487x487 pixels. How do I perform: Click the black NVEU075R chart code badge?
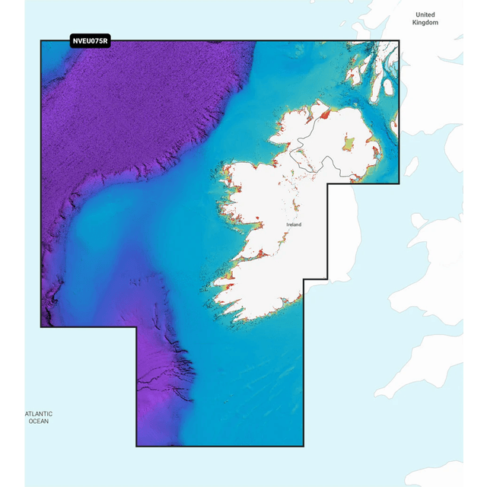point(90,41)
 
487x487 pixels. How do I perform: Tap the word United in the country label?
point(425,14)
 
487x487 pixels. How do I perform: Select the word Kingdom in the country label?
point(425,23)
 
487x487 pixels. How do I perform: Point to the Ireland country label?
point(294,225)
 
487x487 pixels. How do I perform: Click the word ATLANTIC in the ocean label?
point(38,414)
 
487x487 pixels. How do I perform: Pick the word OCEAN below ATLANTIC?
point(38,421)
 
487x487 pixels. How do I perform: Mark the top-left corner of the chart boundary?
point(41,41)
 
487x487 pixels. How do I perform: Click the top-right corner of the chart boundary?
point(399,41)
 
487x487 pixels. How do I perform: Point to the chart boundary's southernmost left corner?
point(137,446)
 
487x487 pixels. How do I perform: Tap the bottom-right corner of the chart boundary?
point(304,446)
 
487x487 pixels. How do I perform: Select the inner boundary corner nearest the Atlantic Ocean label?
point(137,327)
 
